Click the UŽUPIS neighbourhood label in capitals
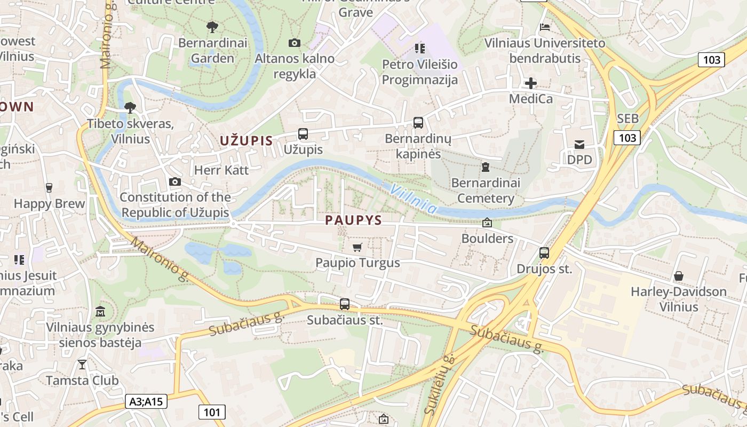246,141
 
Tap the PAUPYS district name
354,220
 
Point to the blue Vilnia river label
413,197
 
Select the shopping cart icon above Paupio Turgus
357,247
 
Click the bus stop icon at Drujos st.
544,253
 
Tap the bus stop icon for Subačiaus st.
345,304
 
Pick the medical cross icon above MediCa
530,83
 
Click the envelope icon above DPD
579,144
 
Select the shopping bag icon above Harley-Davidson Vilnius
678,276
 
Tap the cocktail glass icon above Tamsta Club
82,365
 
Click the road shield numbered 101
212,412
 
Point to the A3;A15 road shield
147,401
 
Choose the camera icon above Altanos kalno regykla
294,43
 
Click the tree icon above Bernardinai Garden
212,27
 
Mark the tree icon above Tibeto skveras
130,108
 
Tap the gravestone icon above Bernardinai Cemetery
485,167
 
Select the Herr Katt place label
221,170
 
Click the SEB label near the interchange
627,118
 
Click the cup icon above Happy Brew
49,187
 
